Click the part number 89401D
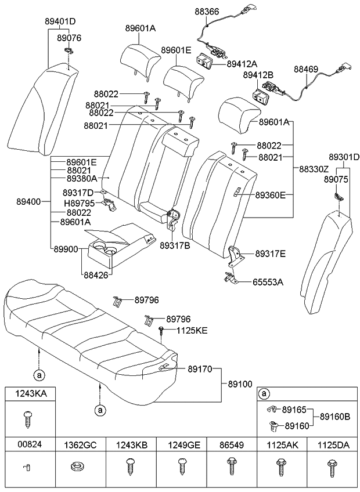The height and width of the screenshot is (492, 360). (60, 21)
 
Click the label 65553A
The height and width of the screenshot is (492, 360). (268, 282)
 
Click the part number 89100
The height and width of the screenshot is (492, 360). (240, 384)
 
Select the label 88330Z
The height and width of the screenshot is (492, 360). (314, 169)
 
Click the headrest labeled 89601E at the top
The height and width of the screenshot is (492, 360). (180, 78)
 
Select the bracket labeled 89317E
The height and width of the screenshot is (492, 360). (236, 256)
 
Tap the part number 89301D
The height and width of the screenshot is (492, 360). (344, 157)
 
